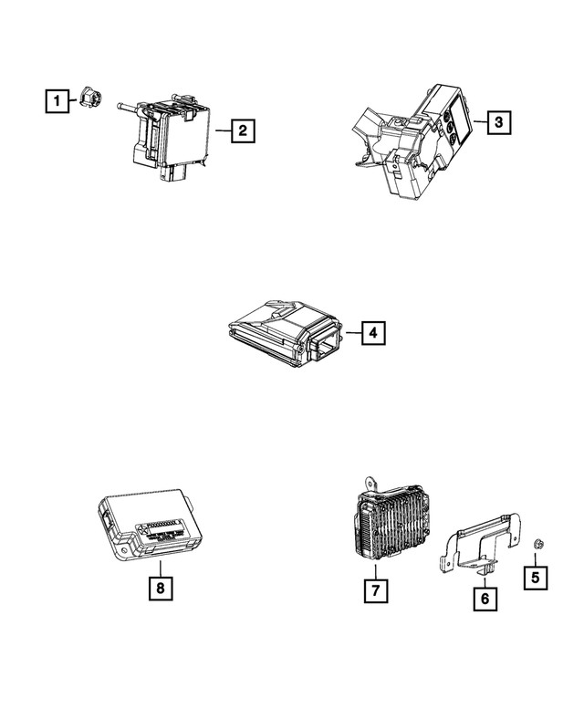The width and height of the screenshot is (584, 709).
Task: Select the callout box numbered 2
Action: point(242,131)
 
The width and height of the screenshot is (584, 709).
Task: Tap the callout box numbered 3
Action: point(496,120)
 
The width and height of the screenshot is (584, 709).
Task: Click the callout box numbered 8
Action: point(161,589)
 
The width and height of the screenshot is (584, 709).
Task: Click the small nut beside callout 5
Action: point(537,545)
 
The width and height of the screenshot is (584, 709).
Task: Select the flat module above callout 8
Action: point(151,524)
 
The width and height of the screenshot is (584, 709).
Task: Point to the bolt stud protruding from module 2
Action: point(128,108)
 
